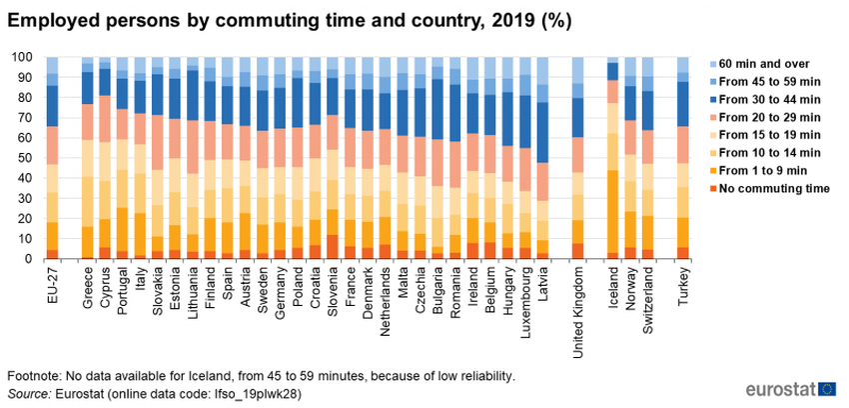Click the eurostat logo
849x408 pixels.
tap(789, 388)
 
